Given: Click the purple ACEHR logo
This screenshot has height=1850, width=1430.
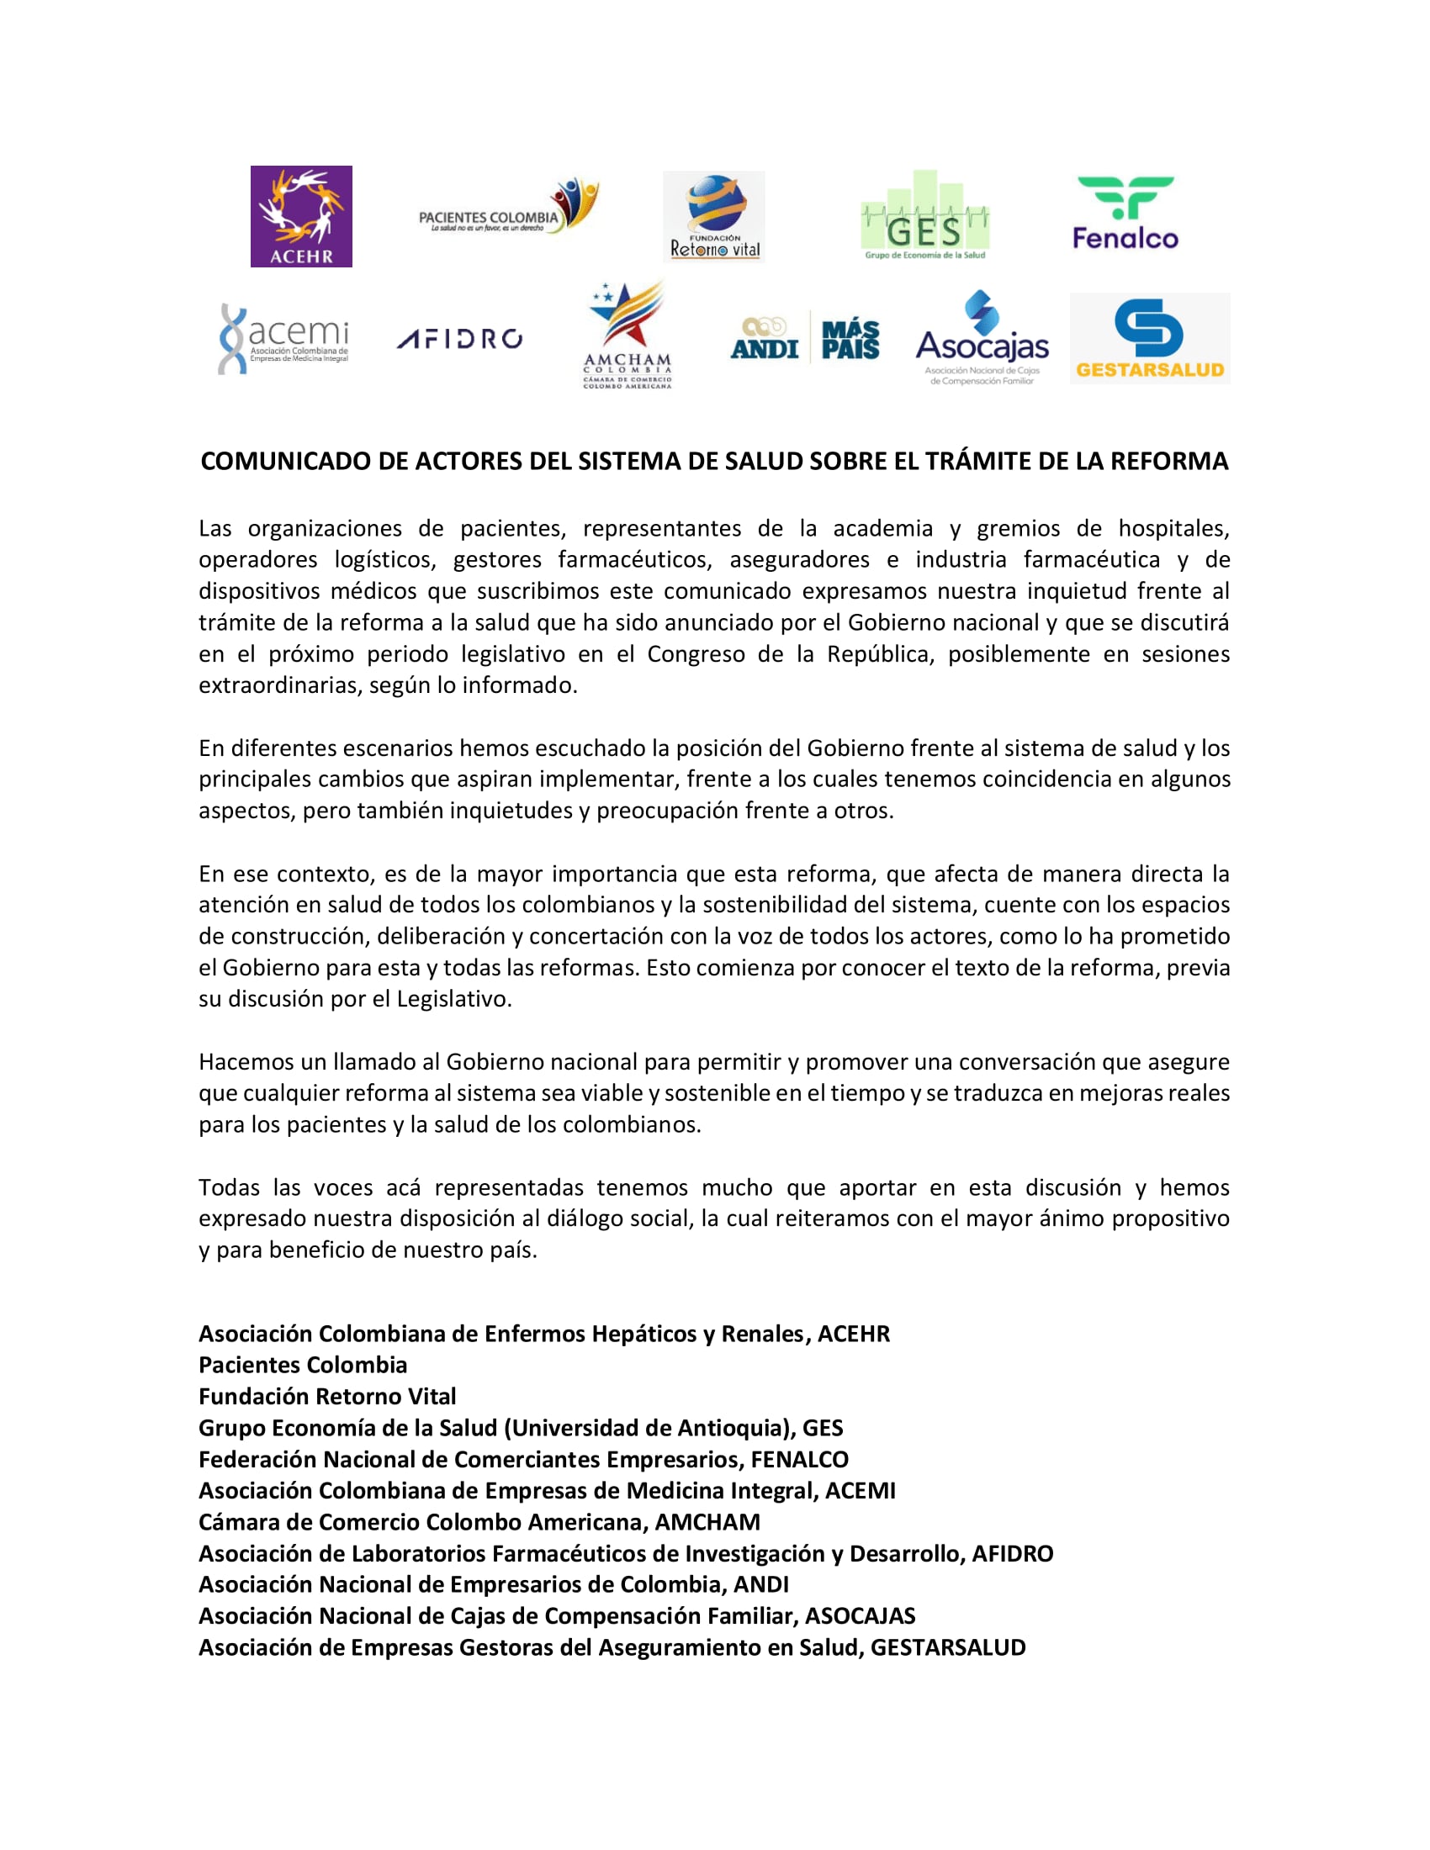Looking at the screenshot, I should pyautogui.click(x=301, y=216).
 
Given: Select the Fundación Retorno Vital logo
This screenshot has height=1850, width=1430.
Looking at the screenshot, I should pyautogui.click(x=713, y=217).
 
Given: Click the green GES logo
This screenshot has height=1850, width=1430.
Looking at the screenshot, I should pyautogui.click(x=925, y=218).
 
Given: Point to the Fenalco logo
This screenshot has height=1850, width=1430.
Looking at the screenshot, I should pyautogui.click(x=1125, y=214).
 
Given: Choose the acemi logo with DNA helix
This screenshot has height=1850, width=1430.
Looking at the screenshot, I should pyautogui.click(x=283, y=338).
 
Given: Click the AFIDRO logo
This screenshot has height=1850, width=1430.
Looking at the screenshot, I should pyautogui.click(x=459, y=339).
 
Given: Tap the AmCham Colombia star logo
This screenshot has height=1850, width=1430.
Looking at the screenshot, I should pyautogui.click(x=628, y=336).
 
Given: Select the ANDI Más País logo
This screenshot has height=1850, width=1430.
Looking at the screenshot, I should pyautogui.click(x=805, y=337).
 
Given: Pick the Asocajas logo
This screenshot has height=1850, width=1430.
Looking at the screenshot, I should pyautogui.click(x=982, y=338).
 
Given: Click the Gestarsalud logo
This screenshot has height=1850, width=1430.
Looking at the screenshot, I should pyautogui.click(x=1150, y=339).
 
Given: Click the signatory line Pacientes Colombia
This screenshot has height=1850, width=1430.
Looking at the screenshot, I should pyautogui.click(x=303, y=1366).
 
